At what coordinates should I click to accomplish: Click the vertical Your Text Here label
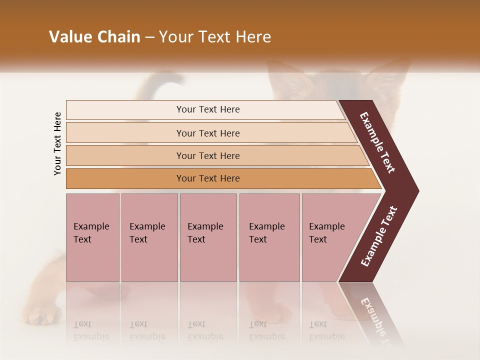point(57,143)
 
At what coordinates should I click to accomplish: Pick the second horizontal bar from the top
point(207,133)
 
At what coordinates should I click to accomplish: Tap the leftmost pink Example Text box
point(92,237)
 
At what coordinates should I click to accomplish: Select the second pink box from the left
point(149,237)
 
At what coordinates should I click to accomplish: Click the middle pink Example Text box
point(208,237)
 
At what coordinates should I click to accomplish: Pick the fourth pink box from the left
point(269,237)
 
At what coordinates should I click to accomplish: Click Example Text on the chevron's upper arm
point(377,143)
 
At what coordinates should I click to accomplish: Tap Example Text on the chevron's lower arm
point(378,236)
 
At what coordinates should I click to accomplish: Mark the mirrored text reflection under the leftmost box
point(91,330)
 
